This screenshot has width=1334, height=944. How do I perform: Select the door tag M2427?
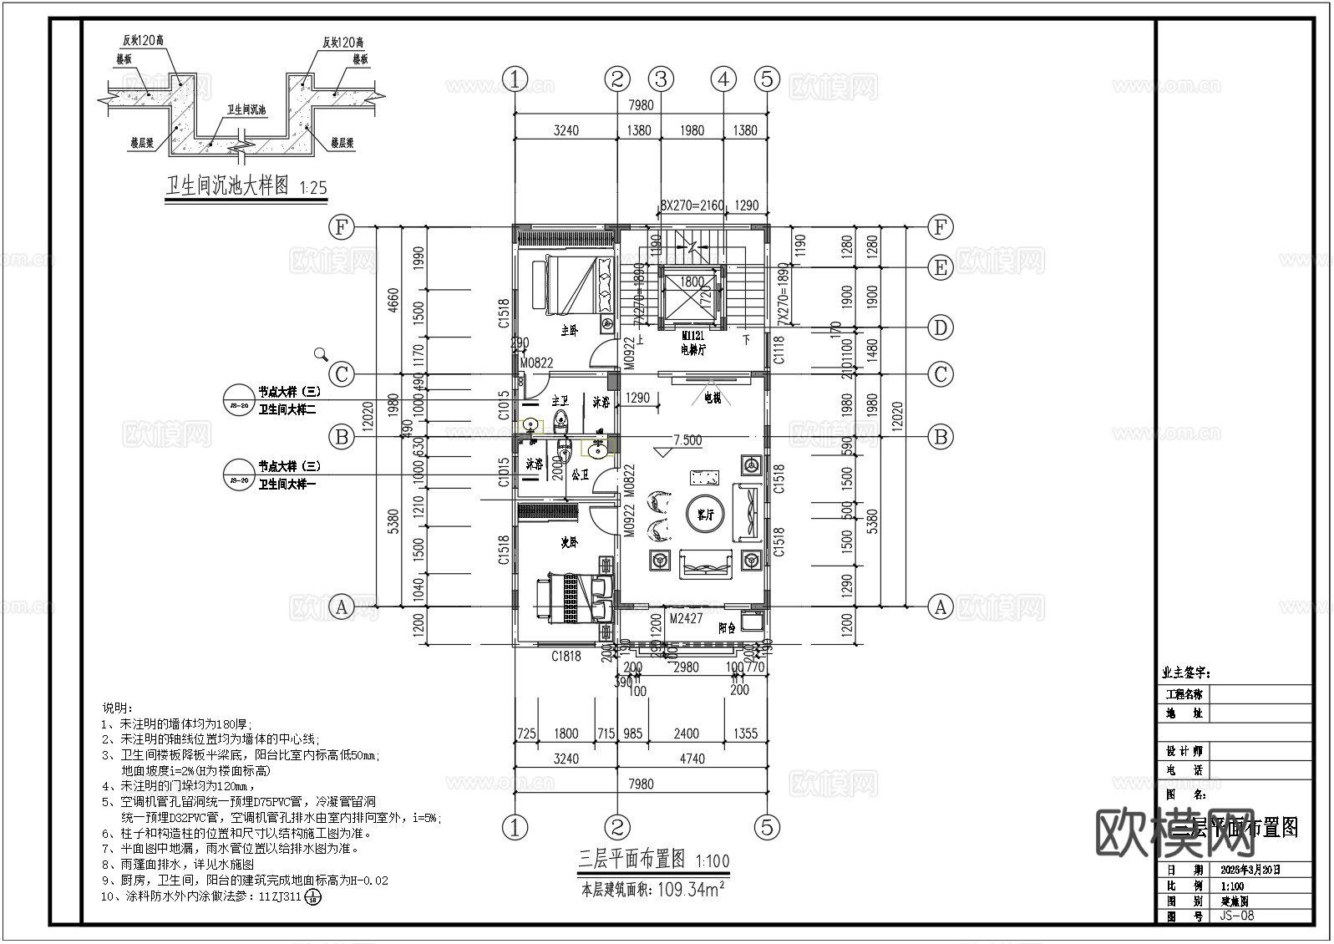coord(686,619)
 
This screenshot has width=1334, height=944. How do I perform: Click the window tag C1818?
coord(566,657)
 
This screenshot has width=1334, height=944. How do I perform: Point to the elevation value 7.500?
coord(687,440)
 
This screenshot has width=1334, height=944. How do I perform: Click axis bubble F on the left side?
coord(341,227)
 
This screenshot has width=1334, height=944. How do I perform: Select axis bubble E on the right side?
coord(941,267)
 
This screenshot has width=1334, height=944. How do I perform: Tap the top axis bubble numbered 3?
coord(662,79)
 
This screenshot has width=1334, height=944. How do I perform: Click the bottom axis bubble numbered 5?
coord(767,828)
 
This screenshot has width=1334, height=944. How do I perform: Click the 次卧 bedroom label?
coord(569,542)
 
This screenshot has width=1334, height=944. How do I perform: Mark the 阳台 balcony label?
coord(727,628)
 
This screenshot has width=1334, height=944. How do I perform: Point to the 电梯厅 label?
coord(692,351)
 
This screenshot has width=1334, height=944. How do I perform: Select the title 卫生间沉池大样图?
coord(227,185)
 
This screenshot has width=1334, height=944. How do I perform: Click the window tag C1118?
coord(779,350)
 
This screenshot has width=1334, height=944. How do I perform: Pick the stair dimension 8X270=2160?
coord(692,205)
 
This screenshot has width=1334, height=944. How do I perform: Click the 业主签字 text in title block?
coord(1184,673)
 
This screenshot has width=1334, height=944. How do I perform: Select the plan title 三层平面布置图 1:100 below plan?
coord(654,859)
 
